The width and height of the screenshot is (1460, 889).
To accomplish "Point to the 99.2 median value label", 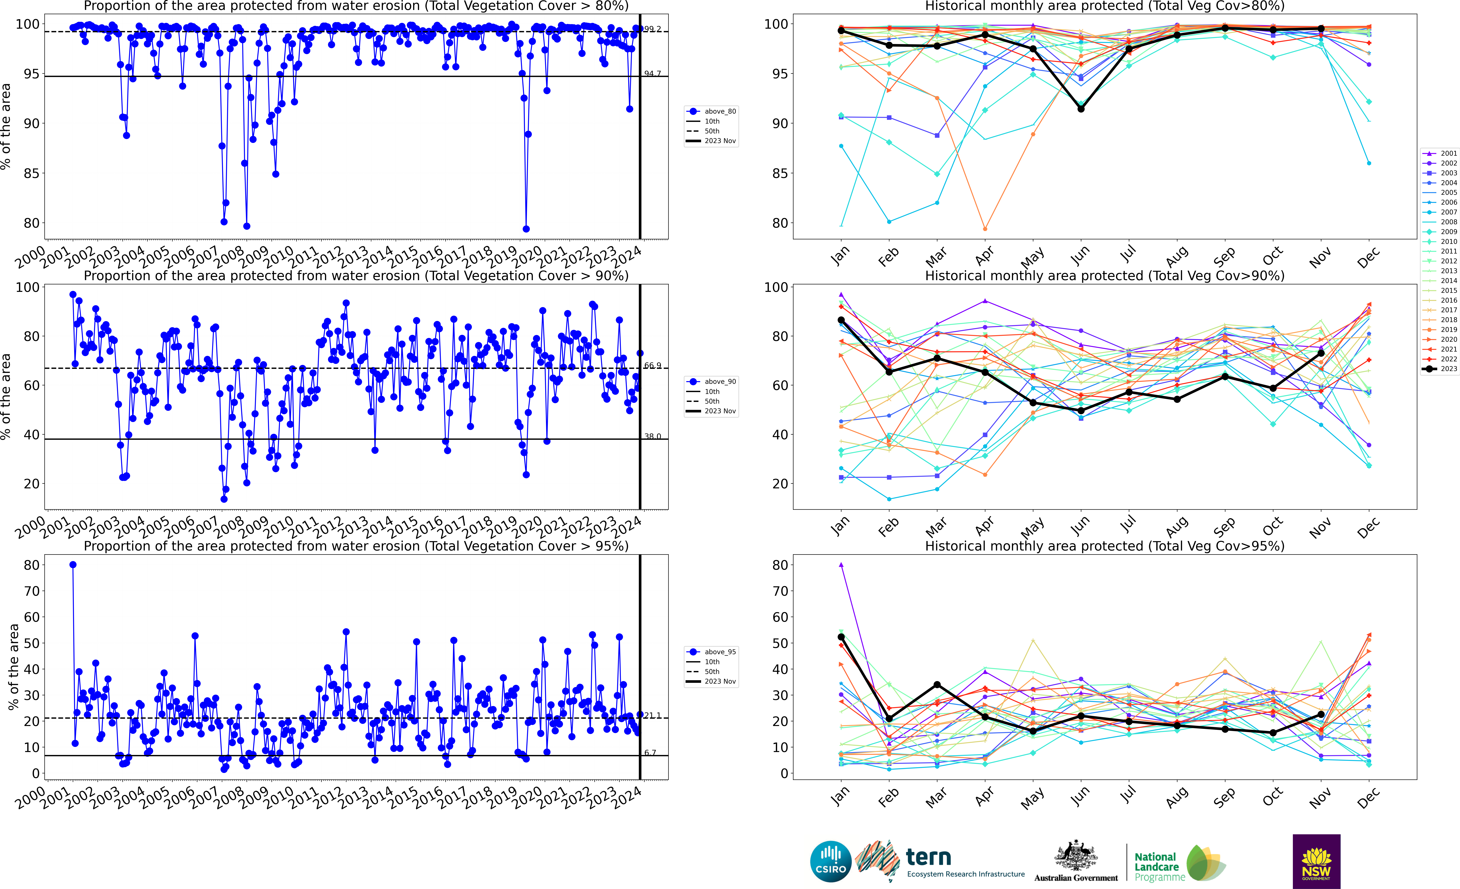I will [x=652, y=29].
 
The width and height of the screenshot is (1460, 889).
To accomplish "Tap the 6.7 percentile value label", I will [x=650, y=753].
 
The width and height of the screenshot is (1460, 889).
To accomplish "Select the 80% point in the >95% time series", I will [x=73, y=565].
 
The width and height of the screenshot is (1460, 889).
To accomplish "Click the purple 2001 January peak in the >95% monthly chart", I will [x=841, y=565].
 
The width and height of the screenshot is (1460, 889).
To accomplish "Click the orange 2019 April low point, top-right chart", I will [x=985, y=229].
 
